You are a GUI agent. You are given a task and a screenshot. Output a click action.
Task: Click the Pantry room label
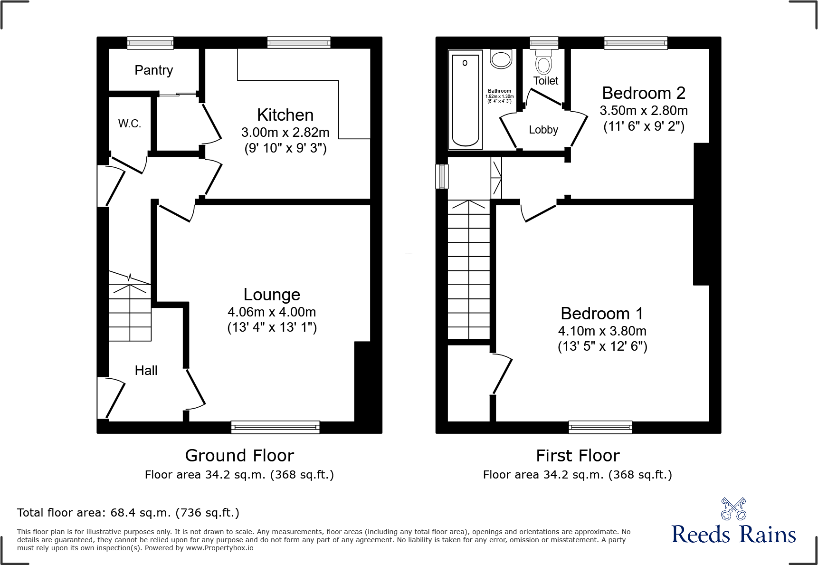[x=153, y=70]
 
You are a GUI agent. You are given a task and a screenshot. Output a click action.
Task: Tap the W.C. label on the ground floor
[x=130, y=124]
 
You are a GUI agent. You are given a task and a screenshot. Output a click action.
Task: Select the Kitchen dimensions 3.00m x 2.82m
[x=285, y=132]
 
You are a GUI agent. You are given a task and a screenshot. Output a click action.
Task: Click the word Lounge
[x=272, y=295]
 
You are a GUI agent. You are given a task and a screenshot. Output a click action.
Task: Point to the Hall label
[x=146, y=371]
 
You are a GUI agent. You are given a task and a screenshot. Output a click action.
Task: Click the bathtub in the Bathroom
[x=466, y=100]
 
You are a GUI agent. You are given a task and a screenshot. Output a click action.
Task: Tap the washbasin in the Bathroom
[x=501, y=59]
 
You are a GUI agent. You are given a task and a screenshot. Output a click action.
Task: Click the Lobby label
[x=543, y=130]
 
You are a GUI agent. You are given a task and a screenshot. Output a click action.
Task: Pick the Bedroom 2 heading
[x=644, y=93]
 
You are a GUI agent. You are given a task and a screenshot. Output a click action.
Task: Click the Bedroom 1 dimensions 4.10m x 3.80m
[x=602, y=331]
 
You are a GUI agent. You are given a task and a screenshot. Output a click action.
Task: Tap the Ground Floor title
[x=239, y=456]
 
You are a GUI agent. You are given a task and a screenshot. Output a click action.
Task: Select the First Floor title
[x=578, y=456]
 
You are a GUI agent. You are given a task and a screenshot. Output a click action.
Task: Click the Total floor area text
[x=128, y=513]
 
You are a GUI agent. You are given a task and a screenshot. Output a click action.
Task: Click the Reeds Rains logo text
[x=733, y=535]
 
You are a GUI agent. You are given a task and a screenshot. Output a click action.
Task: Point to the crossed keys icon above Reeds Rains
[x=733, y=509]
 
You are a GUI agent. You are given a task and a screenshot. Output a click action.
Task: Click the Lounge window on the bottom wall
[x=276, y=427]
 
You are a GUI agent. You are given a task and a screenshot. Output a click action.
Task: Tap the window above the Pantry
[x=150, y=43]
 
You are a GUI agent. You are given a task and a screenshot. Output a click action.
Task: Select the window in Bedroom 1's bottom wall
[x=600, y=427]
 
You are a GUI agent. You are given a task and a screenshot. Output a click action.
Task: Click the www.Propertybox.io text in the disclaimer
[x=219, y=548]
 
